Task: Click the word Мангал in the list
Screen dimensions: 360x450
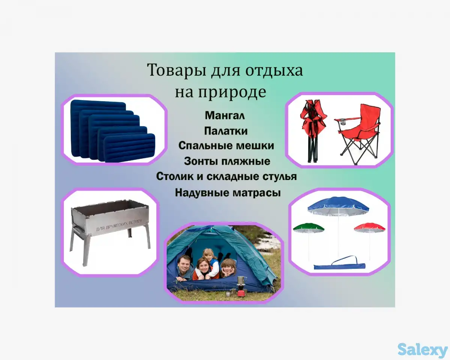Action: click(x=225, y=116)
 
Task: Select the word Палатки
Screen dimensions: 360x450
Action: click(x=226, y=131)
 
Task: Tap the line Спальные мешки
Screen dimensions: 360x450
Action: click(x=226, y=145)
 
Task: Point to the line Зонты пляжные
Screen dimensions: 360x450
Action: click(x=227, y=161)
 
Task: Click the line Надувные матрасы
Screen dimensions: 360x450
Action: click(x=228, y=193)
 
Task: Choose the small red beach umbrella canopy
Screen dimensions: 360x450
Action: click(x=370, y=227)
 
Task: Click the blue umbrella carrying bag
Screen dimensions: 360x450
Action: click(x=339, y=265)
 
